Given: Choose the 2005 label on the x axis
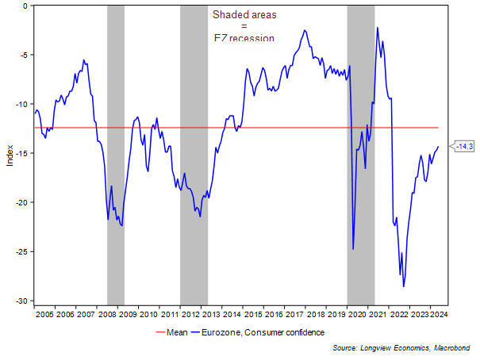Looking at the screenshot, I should coord(44,314).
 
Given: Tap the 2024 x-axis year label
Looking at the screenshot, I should coord(440,314).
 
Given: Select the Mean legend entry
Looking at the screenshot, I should coord(169,332).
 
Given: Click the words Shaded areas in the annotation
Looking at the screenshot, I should coord(244,14).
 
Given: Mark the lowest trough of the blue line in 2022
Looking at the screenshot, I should coord(404,286).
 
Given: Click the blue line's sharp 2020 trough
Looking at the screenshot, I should coord(353,249).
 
